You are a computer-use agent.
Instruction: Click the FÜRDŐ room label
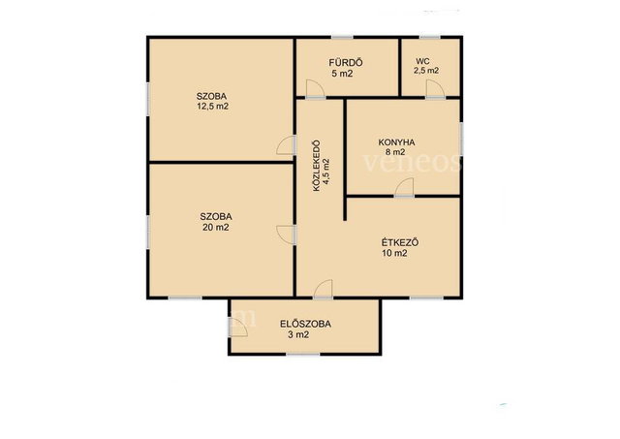click(x=346, y=62)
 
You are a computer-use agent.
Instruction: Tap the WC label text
click(x=422, y=62)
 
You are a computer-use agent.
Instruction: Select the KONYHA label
click(x=396, y=142)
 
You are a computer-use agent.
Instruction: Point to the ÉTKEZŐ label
click(x=400, y=242)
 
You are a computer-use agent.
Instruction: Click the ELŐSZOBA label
click(x=306, y=324)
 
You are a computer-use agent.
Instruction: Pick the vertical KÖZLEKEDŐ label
click(x=317, y=166)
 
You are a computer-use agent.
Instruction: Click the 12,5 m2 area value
click(x=213, y=107)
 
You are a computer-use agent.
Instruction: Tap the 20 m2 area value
click(x=215, y=228)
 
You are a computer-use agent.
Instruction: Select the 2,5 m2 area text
click(x=426, y=71)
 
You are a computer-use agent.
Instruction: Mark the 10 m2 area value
click(x=394, y=254)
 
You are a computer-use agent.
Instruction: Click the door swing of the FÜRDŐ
click(x=315, y=88)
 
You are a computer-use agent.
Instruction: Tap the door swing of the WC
click(x=435, y=88)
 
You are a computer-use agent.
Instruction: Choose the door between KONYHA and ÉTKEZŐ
click(x=404, y=187)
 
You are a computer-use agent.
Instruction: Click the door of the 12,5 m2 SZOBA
click(x=286, y=145)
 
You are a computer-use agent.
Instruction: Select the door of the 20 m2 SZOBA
click(x=286, y=235)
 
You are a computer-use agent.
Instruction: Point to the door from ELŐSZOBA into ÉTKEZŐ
click(x=323, y=289)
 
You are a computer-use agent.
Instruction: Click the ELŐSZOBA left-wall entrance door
click(x=238, y=328)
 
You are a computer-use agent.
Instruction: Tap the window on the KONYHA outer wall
click(x=461, y=138)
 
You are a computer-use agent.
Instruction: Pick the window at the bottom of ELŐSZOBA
click(x=303, y=354)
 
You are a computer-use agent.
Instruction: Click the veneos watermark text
click(x=413, y=162)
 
